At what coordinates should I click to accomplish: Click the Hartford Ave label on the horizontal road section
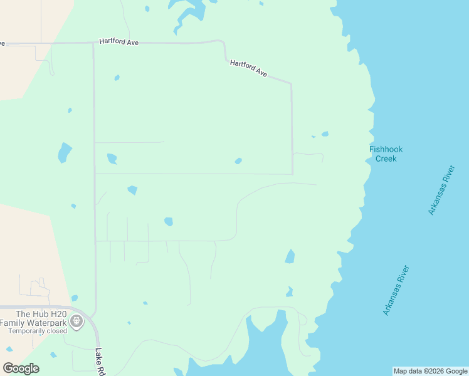click(119, 42)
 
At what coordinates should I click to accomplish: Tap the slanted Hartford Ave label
click(249, 68)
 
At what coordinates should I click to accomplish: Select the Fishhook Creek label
click(386, 154)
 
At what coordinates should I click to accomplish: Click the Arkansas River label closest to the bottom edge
click(396, 290)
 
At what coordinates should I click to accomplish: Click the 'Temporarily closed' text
click(38, 331)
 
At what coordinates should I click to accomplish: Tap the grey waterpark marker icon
click(76, 322)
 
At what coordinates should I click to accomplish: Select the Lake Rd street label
click(100, 362)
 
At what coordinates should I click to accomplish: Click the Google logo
click(21, 368)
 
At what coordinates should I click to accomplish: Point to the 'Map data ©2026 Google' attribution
click(431, 371)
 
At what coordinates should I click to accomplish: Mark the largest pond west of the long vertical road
click(64, 152)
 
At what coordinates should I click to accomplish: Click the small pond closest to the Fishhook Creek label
click(325, 133)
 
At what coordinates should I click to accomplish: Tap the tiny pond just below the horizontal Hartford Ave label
click(117, 78)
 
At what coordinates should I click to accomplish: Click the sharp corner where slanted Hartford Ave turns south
click(291, 83)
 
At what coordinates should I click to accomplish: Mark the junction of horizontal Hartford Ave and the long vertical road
click(94, 43)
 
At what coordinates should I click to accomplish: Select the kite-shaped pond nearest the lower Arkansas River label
click(290, 256)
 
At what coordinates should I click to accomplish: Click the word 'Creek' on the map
click(386, 159)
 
